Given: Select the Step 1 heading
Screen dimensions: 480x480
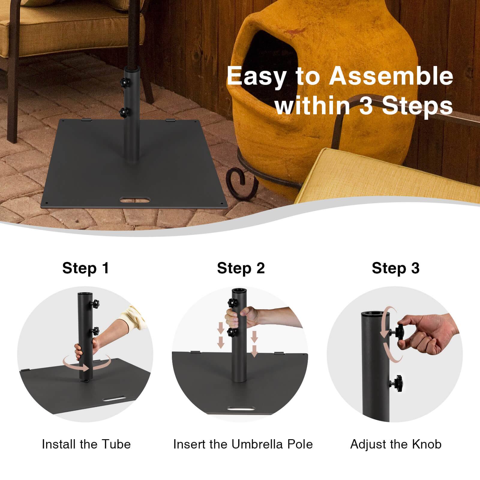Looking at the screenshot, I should click(85, 268).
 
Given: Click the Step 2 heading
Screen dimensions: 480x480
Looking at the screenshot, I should click(241, 268).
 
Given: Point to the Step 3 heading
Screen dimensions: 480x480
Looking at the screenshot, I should click(395, 268).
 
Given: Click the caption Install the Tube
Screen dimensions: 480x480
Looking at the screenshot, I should click(86, 444).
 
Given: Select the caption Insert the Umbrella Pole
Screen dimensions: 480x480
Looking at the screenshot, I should click(243, 444).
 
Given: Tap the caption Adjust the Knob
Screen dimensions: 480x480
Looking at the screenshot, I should click(396, 444).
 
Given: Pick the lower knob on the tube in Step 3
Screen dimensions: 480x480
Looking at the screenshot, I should click(397, 382).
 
